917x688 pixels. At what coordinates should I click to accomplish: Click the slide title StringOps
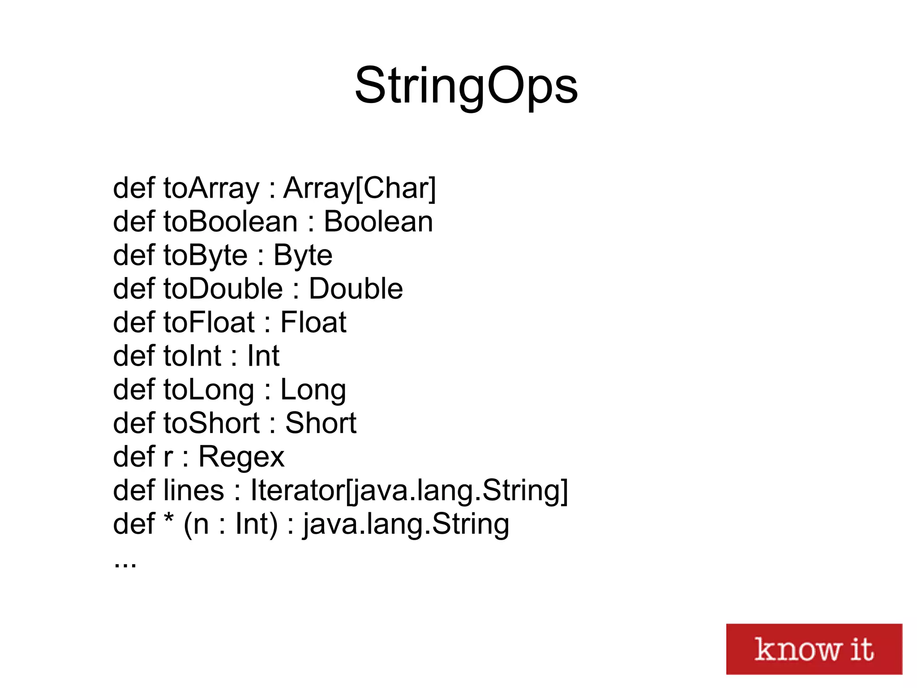[x=466, y=86]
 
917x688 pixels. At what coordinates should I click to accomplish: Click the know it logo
[x=814, y=649]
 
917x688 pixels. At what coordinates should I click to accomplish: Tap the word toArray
[x=211, y=188]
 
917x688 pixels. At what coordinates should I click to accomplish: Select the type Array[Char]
[x=360, y=188]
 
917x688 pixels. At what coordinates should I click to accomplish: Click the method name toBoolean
[x=230, y=222]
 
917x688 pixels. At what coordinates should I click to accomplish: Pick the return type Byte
[x=303, y=255]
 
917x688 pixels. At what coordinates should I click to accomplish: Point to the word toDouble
[x=223, y=289]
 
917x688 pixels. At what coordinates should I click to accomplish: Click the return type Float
[x=313, y=322]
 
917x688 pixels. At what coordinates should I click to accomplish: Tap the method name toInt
[x=192, y=356]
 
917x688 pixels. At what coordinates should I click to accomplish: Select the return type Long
[x=313, y=389]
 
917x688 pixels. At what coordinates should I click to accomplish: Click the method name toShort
[x=211, y=423]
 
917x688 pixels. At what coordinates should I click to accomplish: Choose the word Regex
[x=241, y=457]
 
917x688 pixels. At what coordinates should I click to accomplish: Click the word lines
[x=193, y=490]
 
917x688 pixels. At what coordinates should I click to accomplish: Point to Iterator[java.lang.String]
[x=409, y=490]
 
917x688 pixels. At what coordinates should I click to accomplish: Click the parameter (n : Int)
[x=230, y=524]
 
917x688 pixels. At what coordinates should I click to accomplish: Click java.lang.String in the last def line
[x=406, y=524]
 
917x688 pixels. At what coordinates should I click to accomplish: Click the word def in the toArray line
[x=134, y=188]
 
